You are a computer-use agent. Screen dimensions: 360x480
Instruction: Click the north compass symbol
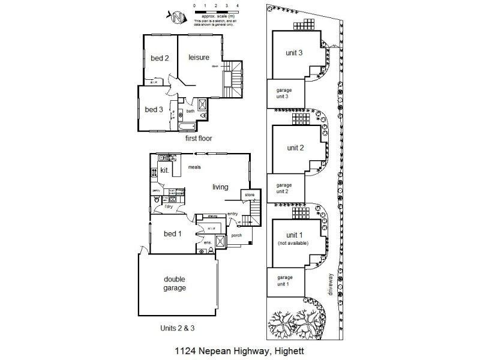[176, 17]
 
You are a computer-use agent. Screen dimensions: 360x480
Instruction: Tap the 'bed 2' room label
[159, 58]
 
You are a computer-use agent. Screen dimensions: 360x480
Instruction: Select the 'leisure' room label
[199, 57]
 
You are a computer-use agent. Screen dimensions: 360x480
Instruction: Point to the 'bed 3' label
[154, 109]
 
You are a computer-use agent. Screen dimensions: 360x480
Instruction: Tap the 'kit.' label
[164, 171]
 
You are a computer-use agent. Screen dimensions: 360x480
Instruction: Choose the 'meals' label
[194, 167]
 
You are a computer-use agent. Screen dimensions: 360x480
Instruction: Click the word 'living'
[220, 187]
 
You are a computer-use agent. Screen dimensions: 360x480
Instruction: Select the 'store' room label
[249, 194]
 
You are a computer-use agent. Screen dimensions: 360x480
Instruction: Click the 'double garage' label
[175, 283]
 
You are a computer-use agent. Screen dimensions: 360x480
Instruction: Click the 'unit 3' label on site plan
[293, 52]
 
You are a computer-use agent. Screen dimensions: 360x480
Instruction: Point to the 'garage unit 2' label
[284, 188]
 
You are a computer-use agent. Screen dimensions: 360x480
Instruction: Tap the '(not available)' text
[293, 243]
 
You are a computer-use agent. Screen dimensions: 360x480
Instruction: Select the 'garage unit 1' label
[284, 281]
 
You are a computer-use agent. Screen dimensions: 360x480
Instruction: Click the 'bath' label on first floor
[190, 111]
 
